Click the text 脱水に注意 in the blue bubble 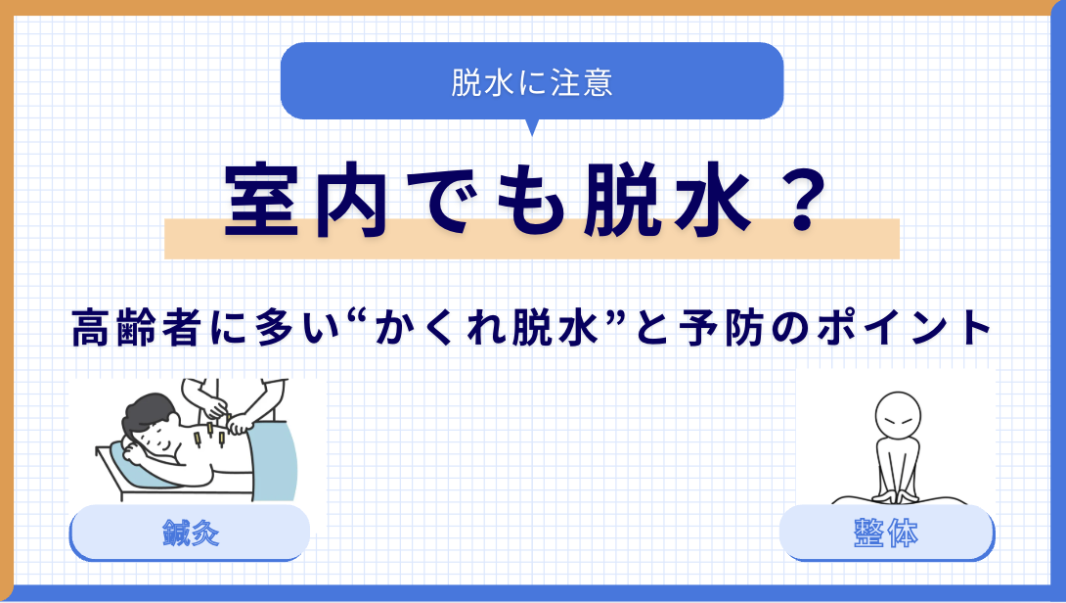532,82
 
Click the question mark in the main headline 803,199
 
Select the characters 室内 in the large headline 306,200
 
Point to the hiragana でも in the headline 485,200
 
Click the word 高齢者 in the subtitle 136,327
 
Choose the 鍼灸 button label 191,533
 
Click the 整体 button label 886,533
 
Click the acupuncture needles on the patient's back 209,435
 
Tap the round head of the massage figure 898,416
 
